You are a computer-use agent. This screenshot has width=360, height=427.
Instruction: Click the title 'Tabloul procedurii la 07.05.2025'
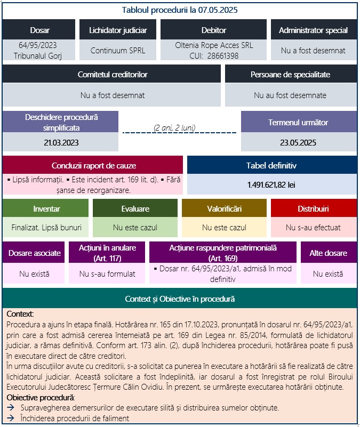point(180,10)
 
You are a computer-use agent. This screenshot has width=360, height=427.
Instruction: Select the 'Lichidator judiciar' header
point(118,30)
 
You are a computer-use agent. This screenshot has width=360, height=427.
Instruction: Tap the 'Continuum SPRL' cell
point(118,51)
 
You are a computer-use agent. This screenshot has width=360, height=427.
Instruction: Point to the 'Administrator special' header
point(313,30)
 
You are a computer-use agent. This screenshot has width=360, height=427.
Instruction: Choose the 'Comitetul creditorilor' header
point(112,74)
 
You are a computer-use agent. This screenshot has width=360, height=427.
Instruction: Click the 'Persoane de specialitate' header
point(290,74)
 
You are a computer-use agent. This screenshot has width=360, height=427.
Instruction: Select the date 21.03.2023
point(61,142)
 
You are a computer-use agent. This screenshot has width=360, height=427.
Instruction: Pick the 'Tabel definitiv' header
point(271,165)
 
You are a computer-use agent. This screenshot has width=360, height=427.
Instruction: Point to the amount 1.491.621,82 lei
point(271,184)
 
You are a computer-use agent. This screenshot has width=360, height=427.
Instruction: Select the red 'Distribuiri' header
point(313,208)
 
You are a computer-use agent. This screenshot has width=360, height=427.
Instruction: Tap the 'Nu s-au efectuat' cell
point(313,227)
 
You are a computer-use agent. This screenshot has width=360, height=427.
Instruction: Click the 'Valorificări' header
point(224,208)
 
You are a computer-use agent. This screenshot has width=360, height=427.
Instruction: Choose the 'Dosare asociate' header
point(34,253)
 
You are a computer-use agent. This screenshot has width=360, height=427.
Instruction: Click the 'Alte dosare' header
point(328,253)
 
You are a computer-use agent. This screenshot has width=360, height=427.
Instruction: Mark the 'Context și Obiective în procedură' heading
point(180,299)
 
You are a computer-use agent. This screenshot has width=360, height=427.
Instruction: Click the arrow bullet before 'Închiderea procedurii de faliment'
point(11,418)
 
